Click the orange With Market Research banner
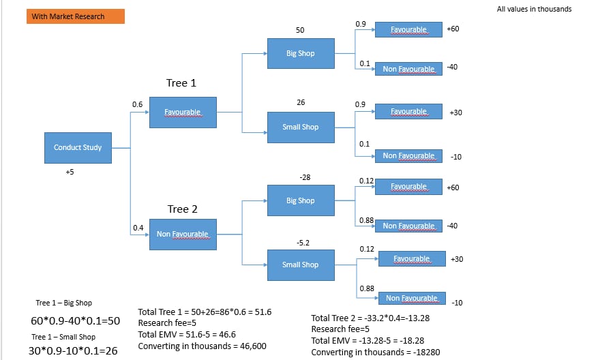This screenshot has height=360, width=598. click(75, 16)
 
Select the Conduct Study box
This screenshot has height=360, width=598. click(78, 147)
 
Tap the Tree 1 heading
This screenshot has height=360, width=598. click(181, 83)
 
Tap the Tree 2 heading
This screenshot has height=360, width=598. click(182, 209)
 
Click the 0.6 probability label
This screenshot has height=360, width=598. click(138, 104)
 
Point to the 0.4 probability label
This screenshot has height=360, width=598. click(138, 228)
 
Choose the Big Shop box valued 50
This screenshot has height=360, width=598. click(300, 53)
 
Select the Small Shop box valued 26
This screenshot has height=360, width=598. click(300, 127)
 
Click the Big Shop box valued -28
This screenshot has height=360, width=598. click(300, 200)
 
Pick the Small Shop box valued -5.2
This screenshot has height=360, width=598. click(300, 265)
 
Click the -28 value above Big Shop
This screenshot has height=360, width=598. click(305, 177)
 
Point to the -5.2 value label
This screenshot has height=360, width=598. click(303, 242)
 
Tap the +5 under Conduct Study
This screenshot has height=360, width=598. click(70, 172)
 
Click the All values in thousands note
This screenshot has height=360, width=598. click(534, 10)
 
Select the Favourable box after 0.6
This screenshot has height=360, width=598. click(182, 112)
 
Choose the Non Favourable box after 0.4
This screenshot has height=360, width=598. click(182, 235)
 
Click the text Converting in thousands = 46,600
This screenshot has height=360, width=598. click(202, 346)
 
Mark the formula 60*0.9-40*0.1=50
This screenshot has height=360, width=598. click(75, 320)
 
